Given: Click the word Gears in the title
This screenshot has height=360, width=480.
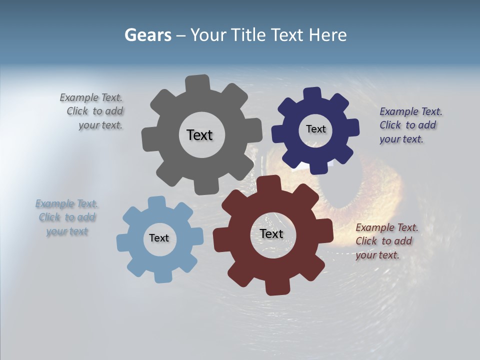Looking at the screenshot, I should point(147,35).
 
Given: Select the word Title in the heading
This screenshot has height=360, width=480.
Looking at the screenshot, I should point(251,35).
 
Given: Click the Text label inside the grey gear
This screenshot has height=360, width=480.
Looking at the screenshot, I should point(199,135).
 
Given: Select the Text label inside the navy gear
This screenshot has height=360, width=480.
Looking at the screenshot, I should point(315,129).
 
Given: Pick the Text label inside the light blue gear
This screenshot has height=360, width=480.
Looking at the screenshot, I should point(159,238).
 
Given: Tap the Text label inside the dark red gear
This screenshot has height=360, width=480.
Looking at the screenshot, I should point(271,233).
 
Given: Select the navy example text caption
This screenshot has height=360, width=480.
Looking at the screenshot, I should point(410,125).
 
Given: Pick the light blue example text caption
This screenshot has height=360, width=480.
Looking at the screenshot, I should point(67,217).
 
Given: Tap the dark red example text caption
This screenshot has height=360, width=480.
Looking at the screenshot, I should point(386,241).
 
